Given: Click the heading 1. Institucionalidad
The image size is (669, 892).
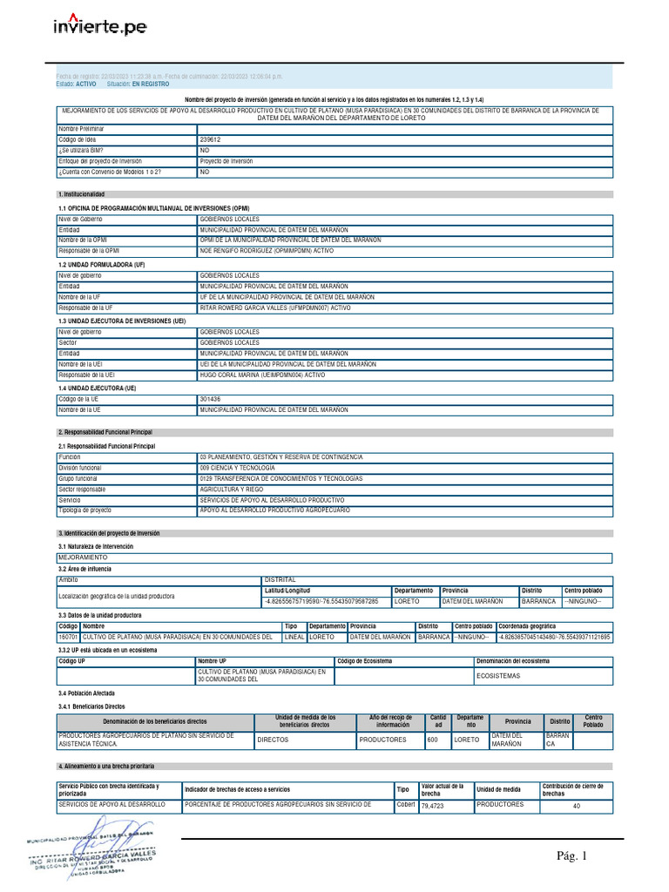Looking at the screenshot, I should click(81, 194).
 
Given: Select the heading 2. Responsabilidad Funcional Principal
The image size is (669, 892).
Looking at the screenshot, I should click(105, 432).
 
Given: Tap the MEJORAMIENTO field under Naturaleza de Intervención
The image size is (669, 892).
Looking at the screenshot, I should click(83, 556).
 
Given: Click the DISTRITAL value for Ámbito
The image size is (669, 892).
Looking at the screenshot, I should click(280, 579).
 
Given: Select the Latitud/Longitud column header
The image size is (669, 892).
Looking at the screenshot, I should click(287, 590).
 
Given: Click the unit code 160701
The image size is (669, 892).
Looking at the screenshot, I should click(68, 637).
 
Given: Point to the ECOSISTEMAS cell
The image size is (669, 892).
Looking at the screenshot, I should click(497, 676).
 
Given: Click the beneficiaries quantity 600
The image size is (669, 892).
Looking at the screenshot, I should click(432, 740).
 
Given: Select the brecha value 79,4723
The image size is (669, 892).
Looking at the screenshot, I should click(432, 806).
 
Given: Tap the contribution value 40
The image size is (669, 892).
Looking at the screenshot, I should click(576, 806).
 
